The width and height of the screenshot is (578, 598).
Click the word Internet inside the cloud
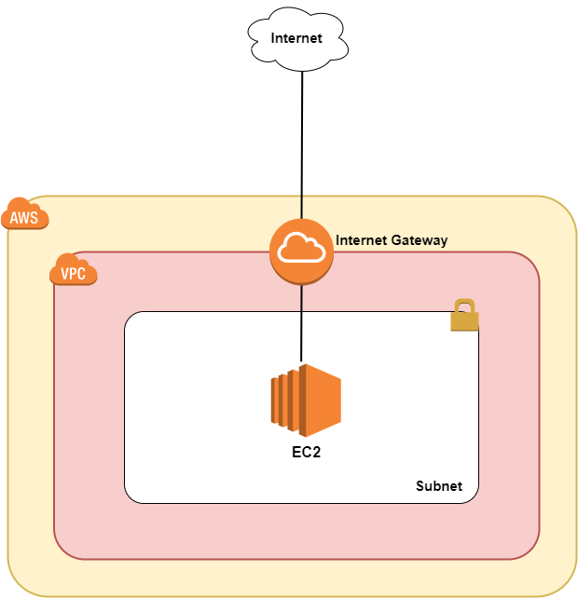(296, 39)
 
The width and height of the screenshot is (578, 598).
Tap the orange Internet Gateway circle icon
(301, 251)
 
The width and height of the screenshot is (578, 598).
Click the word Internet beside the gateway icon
(360, 240)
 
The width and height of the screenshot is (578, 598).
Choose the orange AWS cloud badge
(24, 215)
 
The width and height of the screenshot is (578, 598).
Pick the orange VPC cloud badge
(73, 271)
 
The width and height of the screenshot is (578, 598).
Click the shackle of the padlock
(464, 306)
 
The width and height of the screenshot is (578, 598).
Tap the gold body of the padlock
(464, 321)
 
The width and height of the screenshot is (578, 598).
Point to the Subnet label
(438, 486)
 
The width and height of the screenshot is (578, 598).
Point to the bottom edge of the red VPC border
(296, 559)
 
